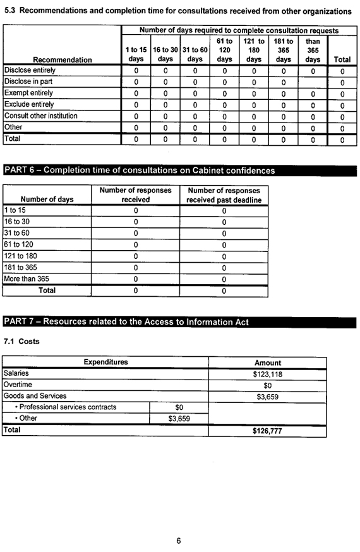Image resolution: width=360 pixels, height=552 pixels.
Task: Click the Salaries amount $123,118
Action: pyautogui.click(x=267, y=373)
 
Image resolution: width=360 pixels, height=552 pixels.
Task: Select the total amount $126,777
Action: pyautogui.click(x=267, y=430)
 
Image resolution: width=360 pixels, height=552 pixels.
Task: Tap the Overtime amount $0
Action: pyautogui.click(x=267, y=385)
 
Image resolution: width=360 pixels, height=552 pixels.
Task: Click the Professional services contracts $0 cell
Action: pyautogui.click(x=179, y=407)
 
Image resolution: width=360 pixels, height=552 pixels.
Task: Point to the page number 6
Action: pyautogui.click(x=179, y=541)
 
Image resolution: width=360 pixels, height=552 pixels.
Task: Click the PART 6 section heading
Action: pyautogui.click(x=140, y=170)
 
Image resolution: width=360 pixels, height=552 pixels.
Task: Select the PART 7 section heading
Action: pyautogui.click(x=126, y=322)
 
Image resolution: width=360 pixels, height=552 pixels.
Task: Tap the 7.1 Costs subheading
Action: pyautogui.click(x=21, y=342)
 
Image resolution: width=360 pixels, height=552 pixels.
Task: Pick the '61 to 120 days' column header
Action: pyautogui.click(x=224, y=50)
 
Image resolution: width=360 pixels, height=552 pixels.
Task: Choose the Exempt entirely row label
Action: pyautogui.click(x=28, y=93)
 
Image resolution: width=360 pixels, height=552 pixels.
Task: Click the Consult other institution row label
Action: pyautogui.click(x=41, y=116)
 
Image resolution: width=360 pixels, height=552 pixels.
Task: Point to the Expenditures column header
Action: pyautogui.click(x=105, y=362)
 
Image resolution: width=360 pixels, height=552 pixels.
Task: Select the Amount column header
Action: pyautogui.click(x=267, y=363)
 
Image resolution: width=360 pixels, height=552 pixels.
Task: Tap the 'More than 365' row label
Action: pyautogui.click(x=27, y=279)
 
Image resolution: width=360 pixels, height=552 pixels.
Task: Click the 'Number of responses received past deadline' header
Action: pyautogui.click(x=224, y=195)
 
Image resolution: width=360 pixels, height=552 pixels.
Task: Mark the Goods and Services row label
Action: pyautogui.click(x=35, y=396)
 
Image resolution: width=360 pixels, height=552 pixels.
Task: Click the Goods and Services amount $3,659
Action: pyautogui.click(x=267, y=396)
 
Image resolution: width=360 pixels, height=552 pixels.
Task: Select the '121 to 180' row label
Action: pyautogui.click(x=20, y=256)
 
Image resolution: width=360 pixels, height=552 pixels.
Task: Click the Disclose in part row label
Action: pyautogui.click(x=29, y=81)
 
